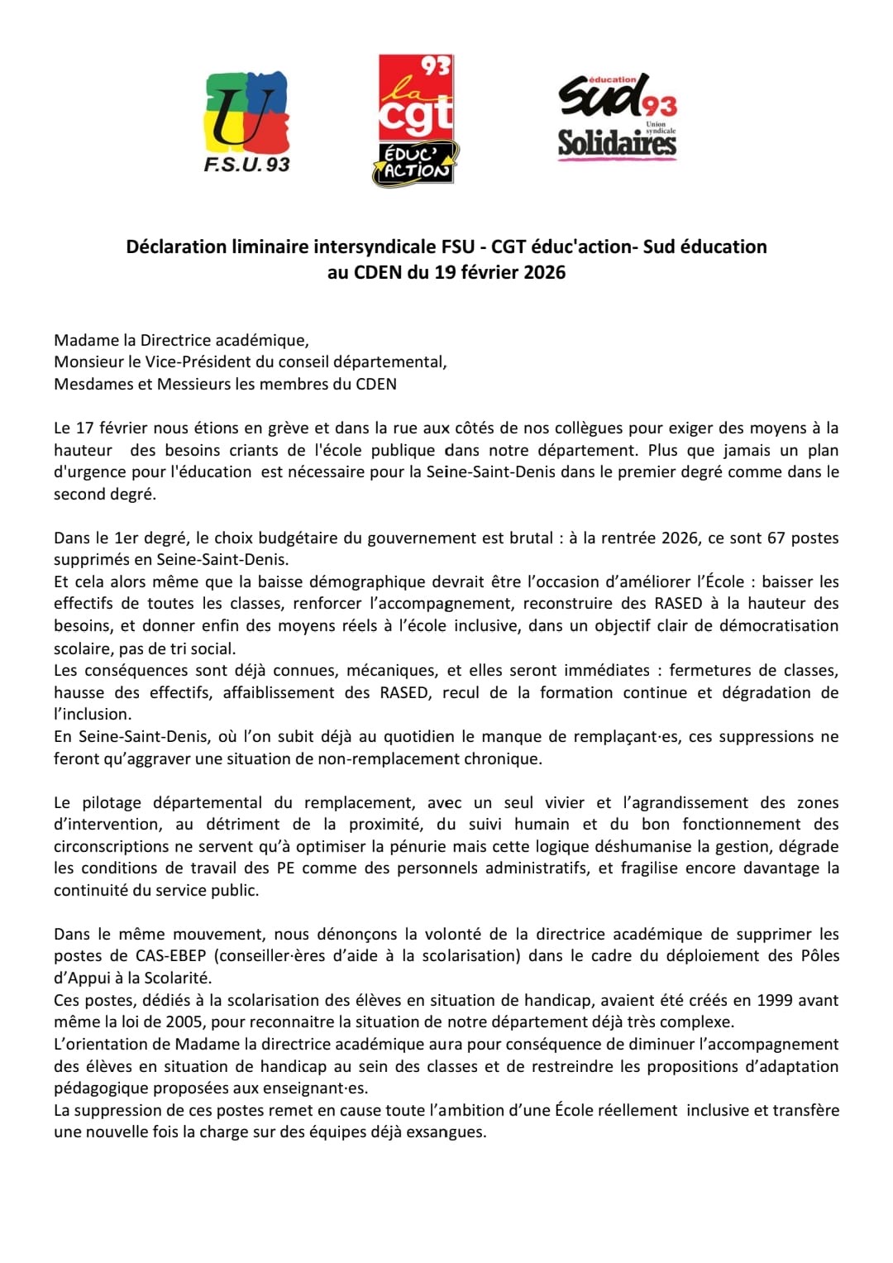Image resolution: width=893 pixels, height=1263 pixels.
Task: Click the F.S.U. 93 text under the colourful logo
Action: click(246, 164)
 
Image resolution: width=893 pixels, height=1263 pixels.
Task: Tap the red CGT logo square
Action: click(416, 99)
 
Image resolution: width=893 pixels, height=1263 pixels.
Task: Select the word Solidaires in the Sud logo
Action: click(617, 143)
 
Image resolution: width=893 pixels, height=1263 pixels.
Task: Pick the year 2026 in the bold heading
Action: click(543, 272)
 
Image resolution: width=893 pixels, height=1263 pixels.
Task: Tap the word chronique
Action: click(504, 758)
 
